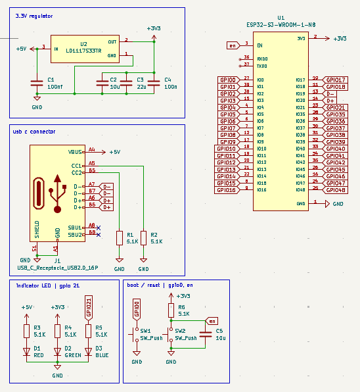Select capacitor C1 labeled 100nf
coord(36,83)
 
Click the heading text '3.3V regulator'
coord(34,15)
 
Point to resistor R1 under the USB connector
coord(119,238)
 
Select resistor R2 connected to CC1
coord(143,238)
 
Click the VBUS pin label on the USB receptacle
coord(76,151)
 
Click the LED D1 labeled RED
coord(27,352)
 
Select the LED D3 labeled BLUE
coord(88,352)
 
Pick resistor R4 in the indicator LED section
coord(58,331)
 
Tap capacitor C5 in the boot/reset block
coord(205,334)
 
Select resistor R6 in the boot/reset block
coord(171,310)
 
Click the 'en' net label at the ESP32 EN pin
coord(232,45)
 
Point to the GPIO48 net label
coord(336,190)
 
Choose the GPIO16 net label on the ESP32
coord(227,190)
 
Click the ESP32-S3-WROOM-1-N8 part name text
coord(281,24)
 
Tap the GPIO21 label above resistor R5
coord(88,308)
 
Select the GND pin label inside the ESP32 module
coord(301,204)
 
